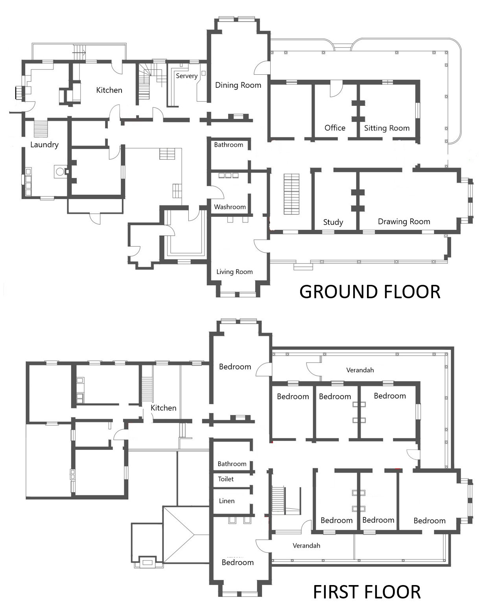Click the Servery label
186,76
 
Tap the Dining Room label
238,85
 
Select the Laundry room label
44,144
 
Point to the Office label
335,128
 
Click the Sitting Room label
387,128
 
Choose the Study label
333,222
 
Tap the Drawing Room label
404,221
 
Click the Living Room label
234,271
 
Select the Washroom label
230,207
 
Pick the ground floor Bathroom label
229,144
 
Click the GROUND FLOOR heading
370,292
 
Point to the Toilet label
225,479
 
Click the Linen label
227,501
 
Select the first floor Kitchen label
163,408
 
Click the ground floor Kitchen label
109,90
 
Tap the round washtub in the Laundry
60,172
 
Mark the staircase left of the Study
291,194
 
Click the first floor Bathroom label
232,463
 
